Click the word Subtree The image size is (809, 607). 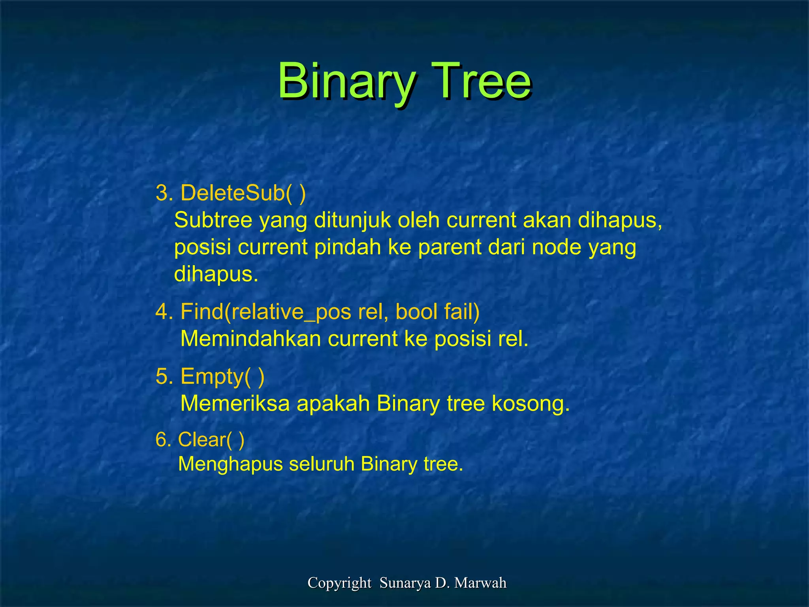[213, 220]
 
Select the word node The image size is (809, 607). [557, 247]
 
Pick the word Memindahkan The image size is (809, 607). [250, 339]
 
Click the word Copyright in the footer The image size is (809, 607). [339, 583]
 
